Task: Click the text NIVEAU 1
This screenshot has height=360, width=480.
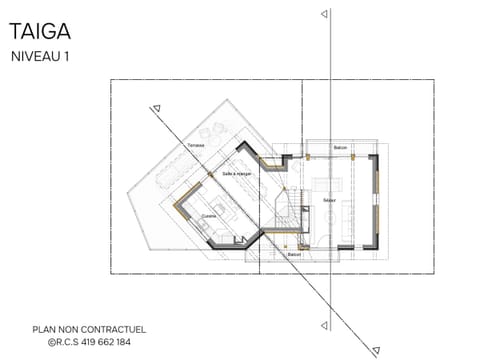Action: click(40, 57)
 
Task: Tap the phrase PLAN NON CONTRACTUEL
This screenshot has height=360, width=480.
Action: click(89, 329)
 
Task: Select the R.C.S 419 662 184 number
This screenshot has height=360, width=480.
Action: click(89, 342)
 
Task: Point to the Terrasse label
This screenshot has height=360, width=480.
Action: click(196, 146)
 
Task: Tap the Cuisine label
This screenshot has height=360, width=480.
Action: click(209, 215)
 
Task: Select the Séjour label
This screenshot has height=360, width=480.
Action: click(329, 200)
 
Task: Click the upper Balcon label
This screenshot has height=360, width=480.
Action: click(341, 147)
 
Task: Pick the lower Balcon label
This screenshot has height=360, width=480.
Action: click(294, 255)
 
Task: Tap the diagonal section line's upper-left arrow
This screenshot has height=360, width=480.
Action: click(157, 108)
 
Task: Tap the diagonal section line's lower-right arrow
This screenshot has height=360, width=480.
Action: click(376, 349)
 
